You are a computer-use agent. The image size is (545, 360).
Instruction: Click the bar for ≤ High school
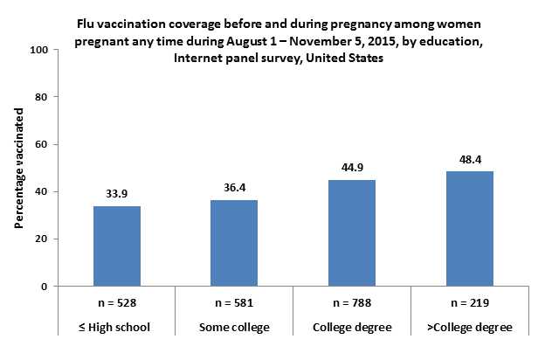tap(116, 246)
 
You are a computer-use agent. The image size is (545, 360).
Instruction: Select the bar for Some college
tap(234, 243)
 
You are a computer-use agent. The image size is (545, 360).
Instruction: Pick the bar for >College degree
tap(471, 228)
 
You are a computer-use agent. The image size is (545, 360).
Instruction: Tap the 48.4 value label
tap(471, 160)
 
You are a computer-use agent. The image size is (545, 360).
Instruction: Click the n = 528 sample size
tap(116, 304)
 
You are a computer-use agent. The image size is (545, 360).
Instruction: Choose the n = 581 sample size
tap(234, 304)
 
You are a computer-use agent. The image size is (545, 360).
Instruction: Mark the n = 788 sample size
tap(352, 304)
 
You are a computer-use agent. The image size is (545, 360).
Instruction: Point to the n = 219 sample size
tap(471, 304)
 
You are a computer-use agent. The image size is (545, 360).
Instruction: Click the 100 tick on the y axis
tap(38, 50)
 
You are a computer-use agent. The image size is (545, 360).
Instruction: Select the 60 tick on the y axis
tap(41, 144)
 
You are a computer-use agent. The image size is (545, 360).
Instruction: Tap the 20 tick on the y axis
tap(41, 239)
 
